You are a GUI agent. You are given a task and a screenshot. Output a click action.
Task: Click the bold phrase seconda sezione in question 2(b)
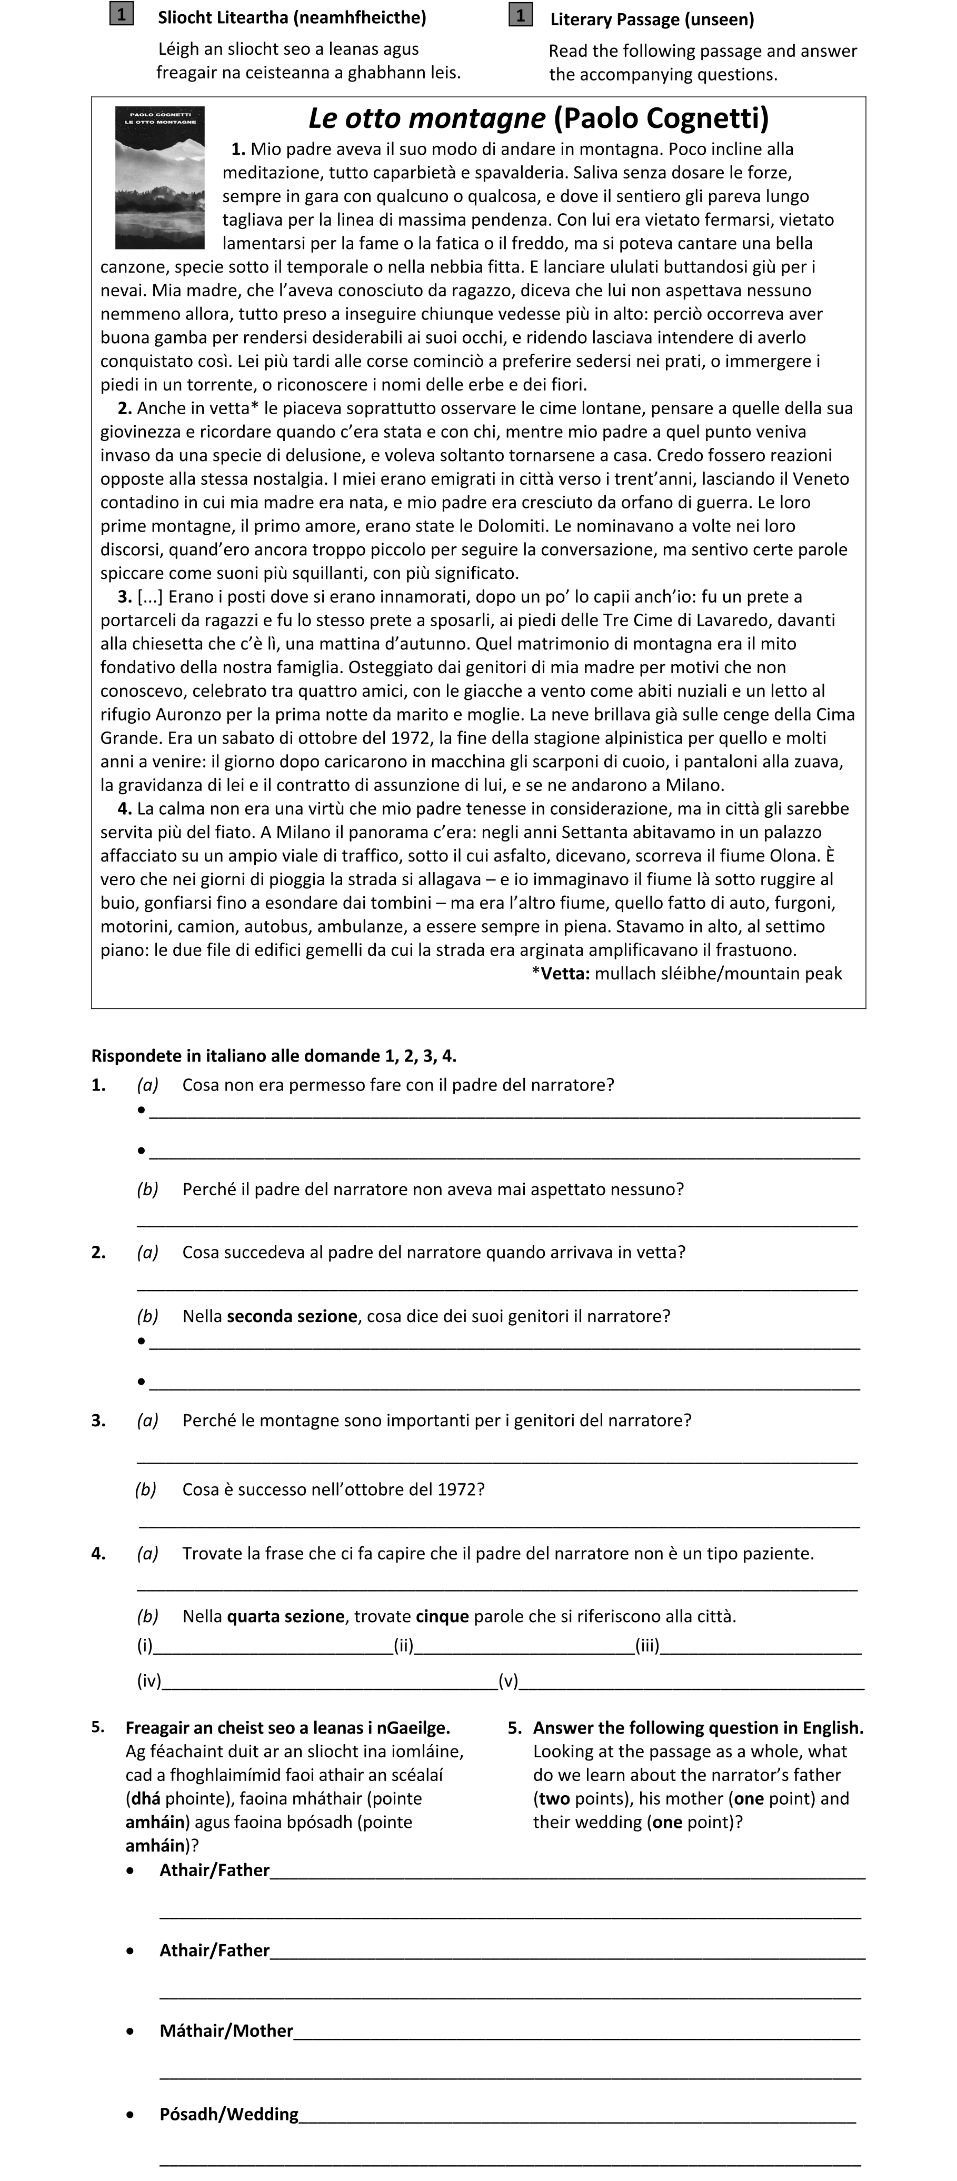[x=291, y=1317]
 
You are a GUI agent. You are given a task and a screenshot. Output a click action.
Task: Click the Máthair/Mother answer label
[x=226, y=2031]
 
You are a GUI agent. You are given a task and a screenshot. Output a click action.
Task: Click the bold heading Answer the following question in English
[x=698, y=1728]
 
